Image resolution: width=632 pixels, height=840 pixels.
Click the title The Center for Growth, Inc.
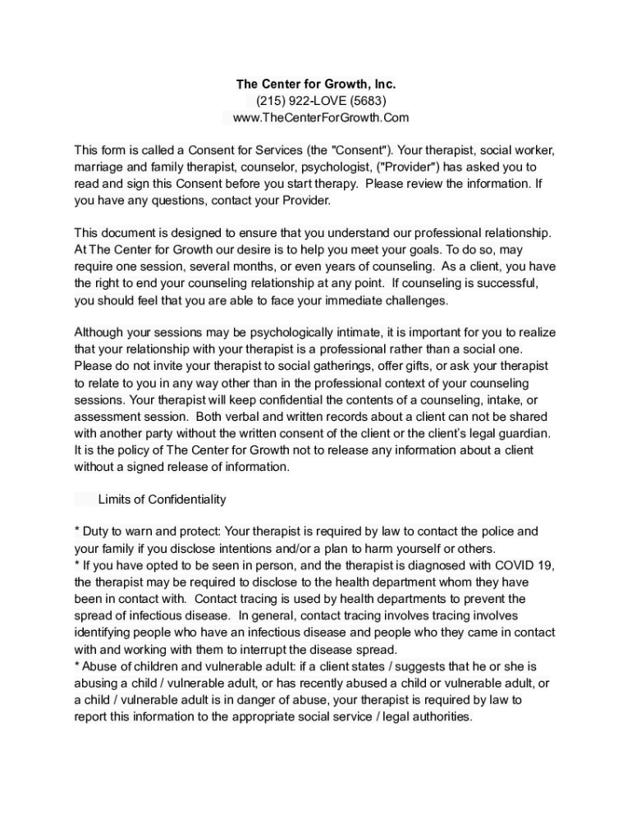316,84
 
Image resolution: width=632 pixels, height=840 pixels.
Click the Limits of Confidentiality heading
162,500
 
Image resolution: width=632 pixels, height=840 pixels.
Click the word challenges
419,300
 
